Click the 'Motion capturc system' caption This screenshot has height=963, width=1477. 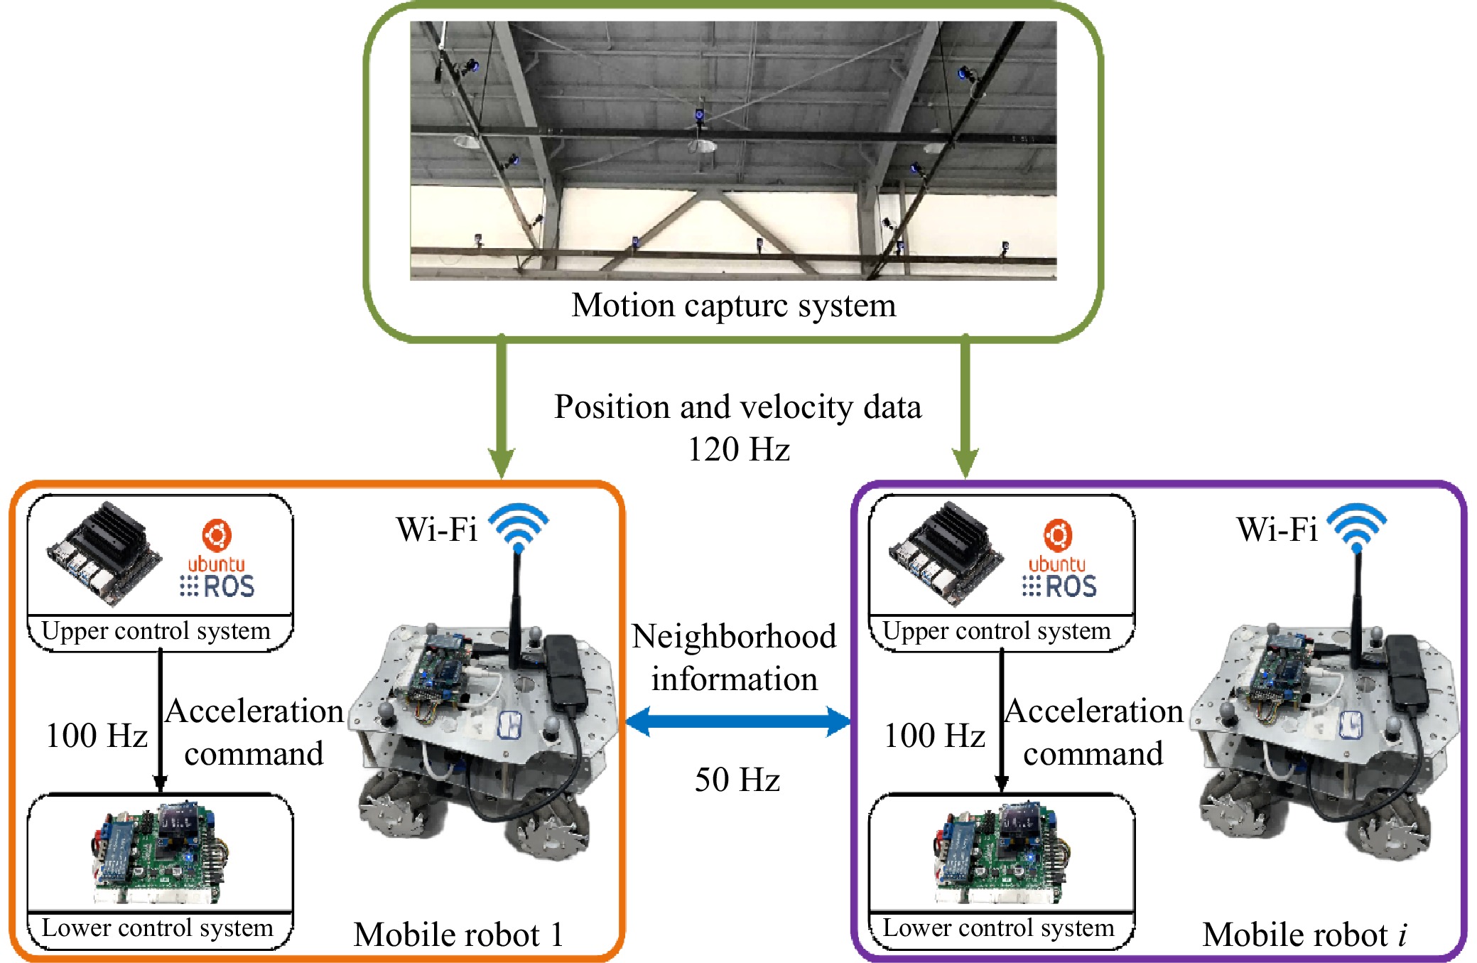coord(733,306)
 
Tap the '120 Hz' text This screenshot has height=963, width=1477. coord(738,449)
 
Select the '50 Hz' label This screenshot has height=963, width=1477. coord(737,780)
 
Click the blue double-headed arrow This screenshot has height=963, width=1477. coord(737,722)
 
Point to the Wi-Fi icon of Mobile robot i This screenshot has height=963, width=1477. coord(1357,527)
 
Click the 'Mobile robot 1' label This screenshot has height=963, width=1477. coord(458,934)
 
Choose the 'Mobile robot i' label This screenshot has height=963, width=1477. coord(1304,934)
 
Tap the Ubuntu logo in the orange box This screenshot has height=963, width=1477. coord(217,535)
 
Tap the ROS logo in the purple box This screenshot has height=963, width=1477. coord(1059,586)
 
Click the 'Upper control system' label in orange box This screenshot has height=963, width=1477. coord(156,630)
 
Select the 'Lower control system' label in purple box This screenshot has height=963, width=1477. coord(997,927)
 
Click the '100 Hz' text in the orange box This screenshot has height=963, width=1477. coord(96,736)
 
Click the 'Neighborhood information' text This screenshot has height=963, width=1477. coord(734,657)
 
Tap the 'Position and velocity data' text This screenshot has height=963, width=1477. coord(737,407)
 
